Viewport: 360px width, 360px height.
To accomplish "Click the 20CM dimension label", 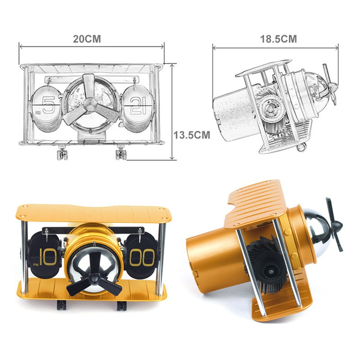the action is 87,39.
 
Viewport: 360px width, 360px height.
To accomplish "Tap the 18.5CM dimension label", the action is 278,39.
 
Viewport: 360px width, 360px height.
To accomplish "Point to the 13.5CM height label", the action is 192,135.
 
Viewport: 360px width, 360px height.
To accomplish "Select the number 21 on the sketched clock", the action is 138,106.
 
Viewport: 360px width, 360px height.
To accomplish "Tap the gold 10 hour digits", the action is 48,257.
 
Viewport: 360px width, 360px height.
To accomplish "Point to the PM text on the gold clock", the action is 36,265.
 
